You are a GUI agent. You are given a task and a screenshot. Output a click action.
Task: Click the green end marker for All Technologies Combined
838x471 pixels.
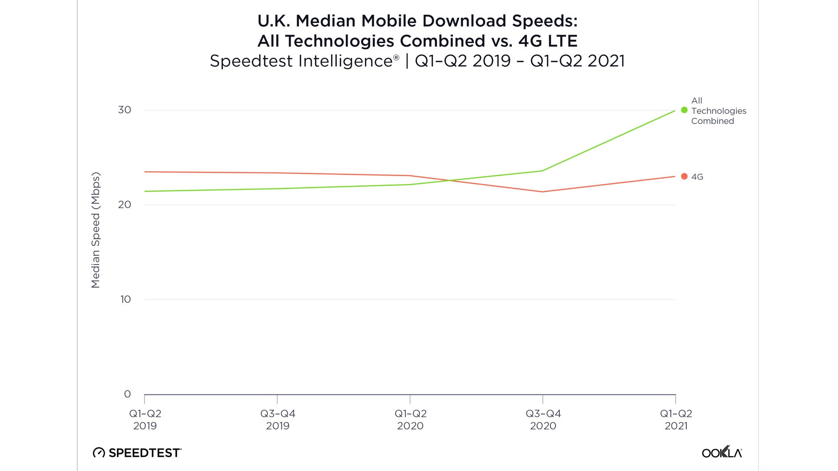pos(684,110)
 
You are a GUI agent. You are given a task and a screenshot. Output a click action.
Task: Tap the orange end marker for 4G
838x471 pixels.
pos(684,177)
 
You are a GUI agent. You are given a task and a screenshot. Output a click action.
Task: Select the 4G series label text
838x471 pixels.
pos(697,177)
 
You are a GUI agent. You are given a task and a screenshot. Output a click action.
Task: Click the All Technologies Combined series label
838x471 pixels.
pos(718,111)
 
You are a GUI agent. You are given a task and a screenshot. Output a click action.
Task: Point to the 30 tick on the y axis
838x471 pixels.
pos(125,110)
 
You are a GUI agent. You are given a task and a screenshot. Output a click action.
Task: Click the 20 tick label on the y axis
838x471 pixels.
pos(125,205)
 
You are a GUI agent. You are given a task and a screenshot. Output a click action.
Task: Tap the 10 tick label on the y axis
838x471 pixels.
pos(125,299)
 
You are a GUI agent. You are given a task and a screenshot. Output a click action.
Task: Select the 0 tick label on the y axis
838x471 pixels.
pos(127,394)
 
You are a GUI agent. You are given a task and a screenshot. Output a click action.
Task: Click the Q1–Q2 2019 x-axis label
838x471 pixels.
pos(145,419)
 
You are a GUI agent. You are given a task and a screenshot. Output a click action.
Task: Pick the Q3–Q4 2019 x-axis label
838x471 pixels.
pos(278,419)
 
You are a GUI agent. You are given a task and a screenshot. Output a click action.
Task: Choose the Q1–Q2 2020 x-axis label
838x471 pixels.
pos(410,419)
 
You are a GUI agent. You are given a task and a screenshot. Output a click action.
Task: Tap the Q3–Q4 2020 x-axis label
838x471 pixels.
pos(543,419)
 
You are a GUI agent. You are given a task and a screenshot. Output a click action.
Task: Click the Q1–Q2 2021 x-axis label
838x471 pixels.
pos(676,419)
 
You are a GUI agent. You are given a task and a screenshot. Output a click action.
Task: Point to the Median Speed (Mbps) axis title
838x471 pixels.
pos(96,230)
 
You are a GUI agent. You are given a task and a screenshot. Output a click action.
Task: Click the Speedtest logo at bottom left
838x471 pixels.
pos(137,453)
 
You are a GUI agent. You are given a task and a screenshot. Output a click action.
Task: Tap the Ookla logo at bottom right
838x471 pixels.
pos(722,452)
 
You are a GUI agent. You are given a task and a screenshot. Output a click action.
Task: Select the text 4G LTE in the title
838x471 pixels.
pos(548,41)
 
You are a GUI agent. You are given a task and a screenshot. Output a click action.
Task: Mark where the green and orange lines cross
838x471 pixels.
pos(451,181)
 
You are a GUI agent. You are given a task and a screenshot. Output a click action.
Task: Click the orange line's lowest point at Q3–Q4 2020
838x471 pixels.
pos(542,192)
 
